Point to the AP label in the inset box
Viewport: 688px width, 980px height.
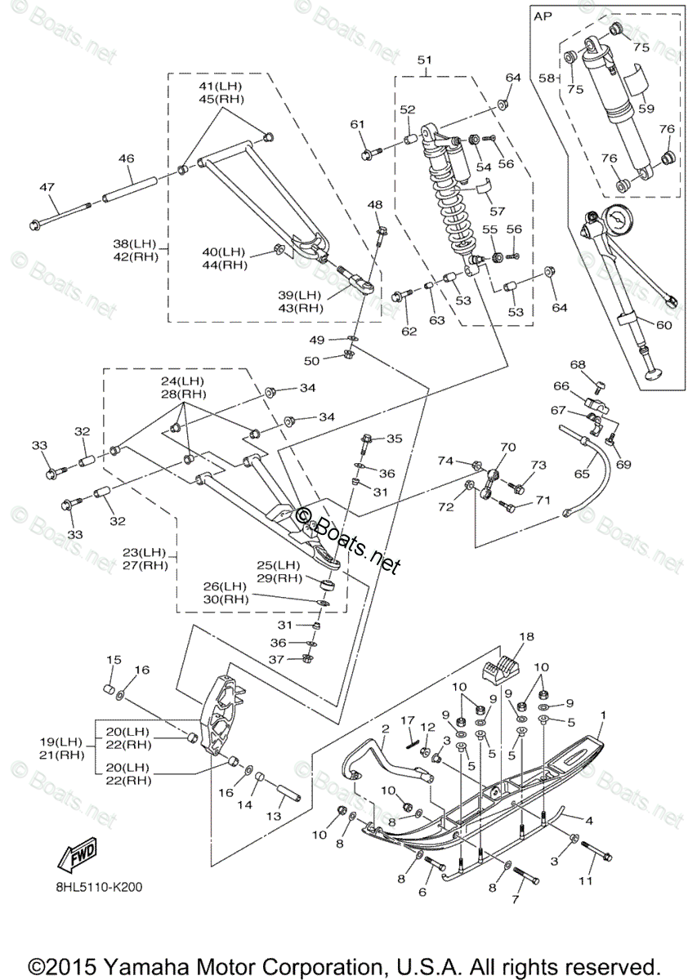pyautogui.click(x=543, y=16)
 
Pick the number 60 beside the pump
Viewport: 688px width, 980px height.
pyautogui.click(x=663, y=325)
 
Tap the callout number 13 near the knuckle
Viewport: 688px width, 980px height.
pyautogui.click(x=274, y=817)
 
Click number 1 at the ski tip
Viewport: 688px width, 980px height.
pyautogui.click(x=604, y=715)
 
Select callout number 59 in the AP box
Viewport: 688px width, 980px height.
pyautogui.click(x=646, y=107)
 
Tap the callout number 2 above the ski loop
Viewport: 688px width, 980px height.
pyautogui.click(x=385, y=728)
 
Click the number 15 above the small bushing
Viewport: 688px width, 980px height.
pyautogui.click(x=114, y=660)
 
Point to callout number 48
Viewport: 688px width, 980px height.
pyautogui.click(x=374, y=204)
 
